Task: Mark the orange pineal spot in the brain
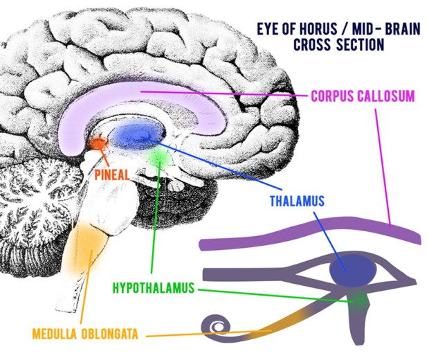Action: click(x=99, y=144)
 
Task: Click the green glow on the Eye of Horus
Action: click(x=358, y=299)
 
